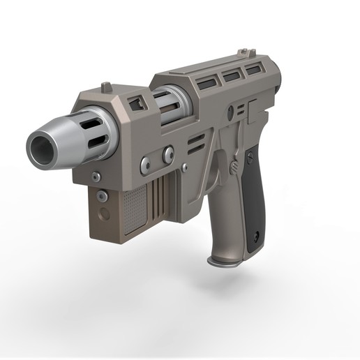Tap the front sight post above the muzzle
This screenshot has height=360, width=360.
[106, 87]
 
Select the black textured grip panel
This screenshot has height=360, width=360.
[255, 203]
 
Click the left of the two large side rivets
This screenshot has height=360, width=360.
[145, 165]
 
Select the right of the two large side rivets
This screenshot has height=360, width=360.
[168, 154]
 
